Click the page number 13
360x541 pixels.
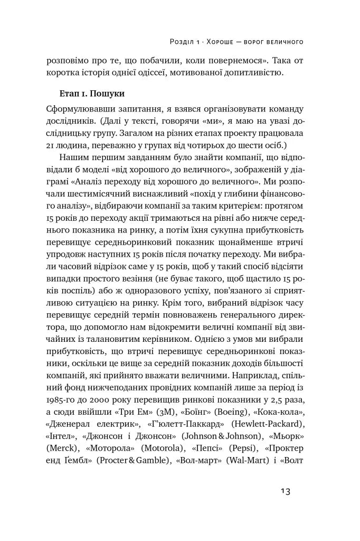coord(285,491)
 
